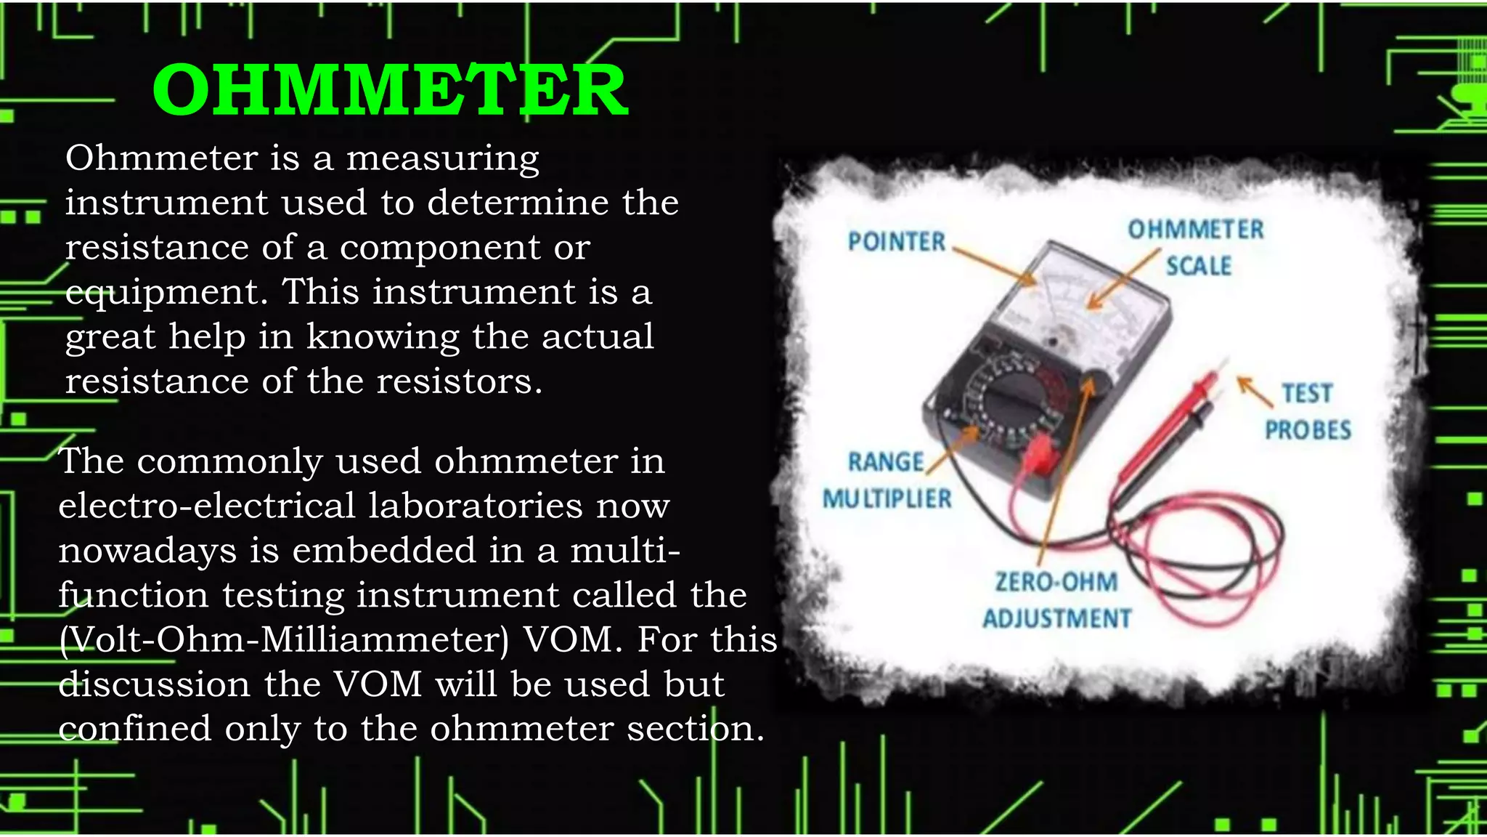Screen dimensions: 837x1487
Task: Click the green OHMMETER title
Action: point(390,90)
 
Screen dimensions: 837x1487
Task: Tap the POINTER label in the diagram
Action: point(897,241)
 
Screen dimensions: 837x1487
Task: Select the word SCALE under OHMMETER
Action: point(1199,266)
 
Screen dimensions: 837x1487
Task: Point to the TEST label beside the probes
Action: point(1307,393)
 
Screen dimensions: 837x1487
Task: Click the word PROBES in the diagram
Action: point(1308,429)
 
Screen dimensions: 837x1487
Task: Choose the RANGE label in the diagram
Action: point(886,461)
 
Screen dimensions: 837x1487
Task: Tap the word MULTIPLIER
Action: point(887,498)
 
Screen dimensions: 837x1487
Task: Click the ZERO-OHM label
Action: point(1056,582)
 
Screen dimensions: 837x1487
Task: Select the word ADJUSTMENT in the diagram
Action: point(1057,618)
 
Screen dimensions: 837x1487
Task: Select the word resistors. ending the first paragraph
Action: point(459,381)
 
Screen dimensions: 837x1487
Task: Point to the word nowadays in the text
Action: point(147,551)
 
